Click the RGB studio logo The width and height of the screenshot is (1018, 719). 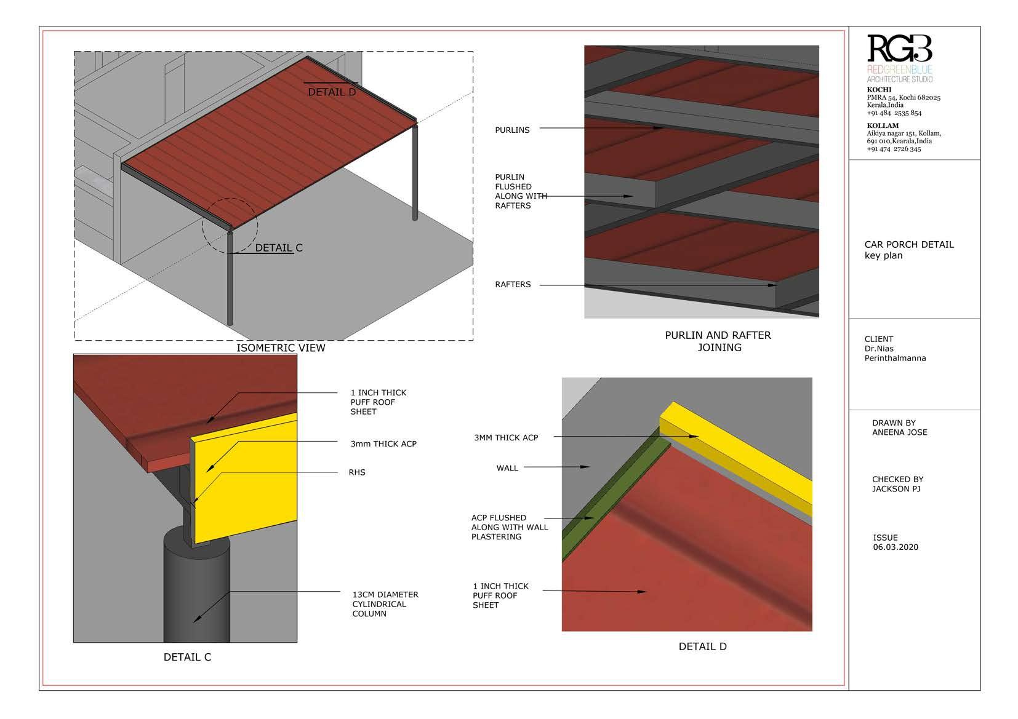point(899,58)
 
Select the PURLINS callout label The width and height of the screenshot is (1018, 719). point(512,130)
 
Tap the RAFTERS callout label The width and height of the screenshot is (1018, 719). point(513,284)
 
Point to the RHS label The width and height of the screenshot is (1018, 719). point(357,472)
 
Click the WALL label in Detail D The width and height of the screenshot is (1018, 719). point(507,468)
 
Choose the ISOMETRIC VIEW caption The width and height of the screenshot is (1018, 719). point(281,348)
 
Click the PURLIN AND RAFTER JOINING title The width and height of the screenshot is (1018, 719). point(718,341)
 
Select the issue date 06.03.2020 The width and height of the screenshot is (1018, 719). point(896,547)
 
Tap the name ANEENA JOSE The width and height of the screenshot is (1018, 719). point(899,432)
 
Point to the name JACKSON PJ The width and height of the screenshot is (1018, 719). point(896,489)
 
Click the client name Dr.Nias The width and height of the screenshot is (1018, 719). point(879,349)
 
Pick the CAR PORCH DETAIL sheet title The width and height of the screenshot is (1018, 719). point(909,244)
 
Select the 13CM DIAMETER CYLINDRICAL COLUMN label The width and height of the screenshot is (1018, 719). point(385,604)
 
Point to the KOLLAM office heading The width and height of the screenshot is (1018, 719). point(883,126)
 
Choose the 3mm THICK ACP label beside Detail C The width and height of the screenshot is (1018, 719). point(383,443)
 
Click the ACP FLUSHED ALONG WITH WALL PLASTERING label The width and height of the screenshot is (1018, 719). point(510,527)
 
